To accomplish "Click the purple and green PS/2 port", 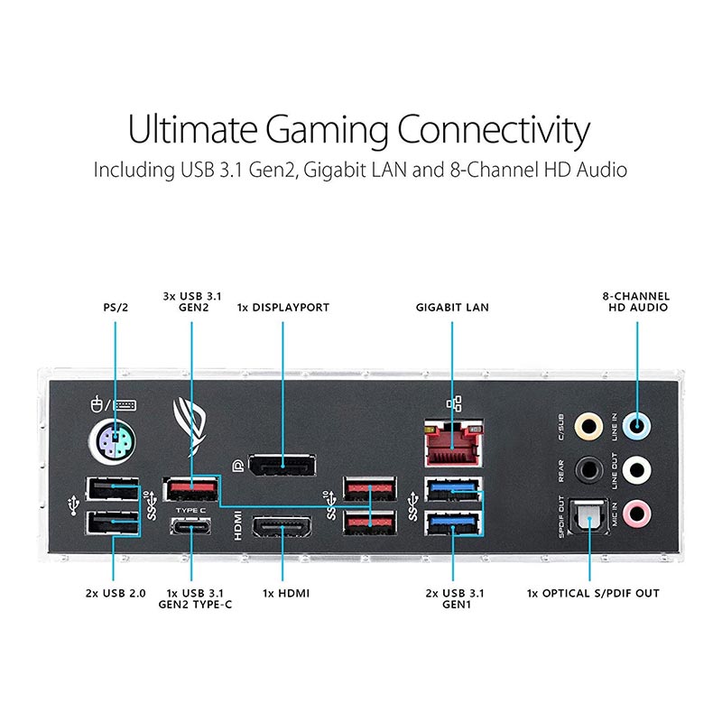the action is tap(112, 442).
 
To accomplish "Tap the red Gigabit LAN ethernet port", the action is tap(454, 443).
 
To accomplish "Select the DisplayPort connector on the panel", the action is tap(282, 465).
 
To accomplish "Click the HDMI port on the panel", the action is tap(282, 526).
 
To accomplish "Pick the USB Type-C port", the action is tap(190, 525).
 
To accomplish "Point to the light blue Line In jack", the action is tap(637, 426).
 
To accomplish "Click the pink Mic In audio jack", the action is tap(637, 513).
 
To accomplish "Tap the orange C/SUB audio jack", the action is tap(588, 426).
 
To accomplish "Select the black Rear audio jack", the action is tap(588, 469).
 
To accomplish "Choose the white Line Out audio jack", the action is tap(637, 469).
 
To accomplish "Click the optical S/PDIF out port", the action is tap(589, 516).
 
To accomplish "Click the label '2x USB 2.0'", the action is tap(116, 593).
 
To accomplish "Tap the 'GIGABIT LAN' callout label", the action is tap(452, 307).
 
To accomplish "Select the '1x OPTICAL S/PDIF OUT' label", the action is tap(593, 593).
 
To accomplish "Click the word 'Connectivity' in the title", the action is tap(493, 130).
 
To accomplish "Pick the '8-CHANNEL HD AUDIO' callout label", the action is tap(636, 301).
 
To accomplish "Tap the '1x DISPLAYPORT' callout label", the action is tap(283, 307).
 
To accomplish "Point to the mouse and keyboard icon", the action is tap(114, 404).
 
